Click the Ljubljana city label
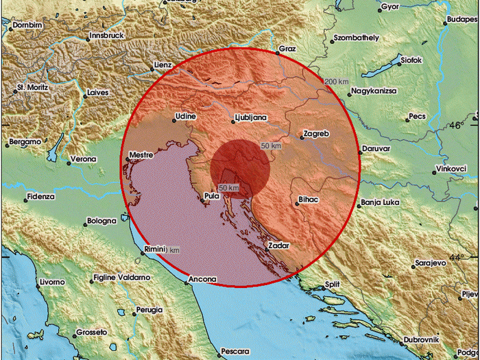pyautogui.click(x=250, y=117)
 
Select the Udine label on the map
pyautogui.click(x=185, y=117)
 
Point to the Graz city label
pyautogui.click(x=287, y=49)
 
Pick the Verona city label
pyautogui.click(x=82, y=161)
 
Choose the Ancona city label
pyautogui.click(x=202, y=279)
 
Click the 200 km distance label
pyautogui.click(x=337, y=82)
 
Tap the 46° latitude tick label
pyautogui.click(x=455, y=126)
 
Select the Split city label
pyautogui.click(x=332, y=283)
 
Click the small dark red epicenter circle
pyautogui.click(x=240, y=169)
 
